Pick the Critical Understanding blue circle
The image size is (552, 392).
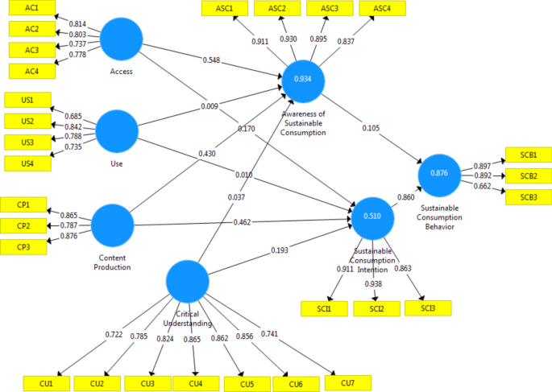189,283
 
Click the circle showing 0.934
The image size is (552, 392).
303,79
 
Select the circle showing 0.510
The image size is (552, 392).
373,217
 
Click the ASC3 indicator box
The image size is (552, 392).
330,9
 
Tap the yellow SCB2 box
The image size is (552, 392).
529,175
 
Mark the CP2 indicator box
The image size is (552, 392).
25,225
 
